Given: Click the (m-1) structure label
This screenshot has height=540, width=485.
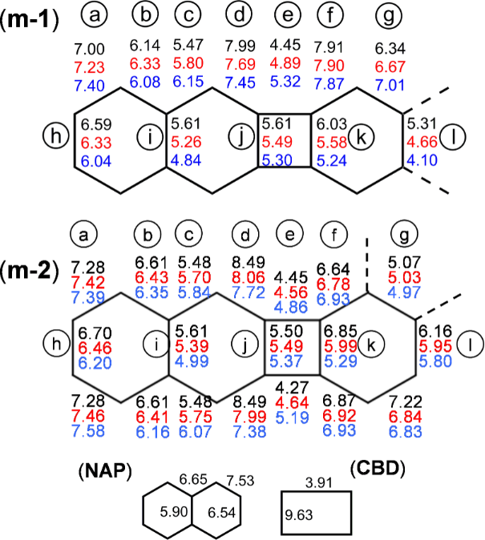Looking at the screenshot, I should pyautogui.click(x=29, y=20).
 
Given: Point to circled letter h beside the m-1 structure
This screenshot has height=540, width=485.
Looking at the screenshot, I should pyautogui.click(x=57, y=138).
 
